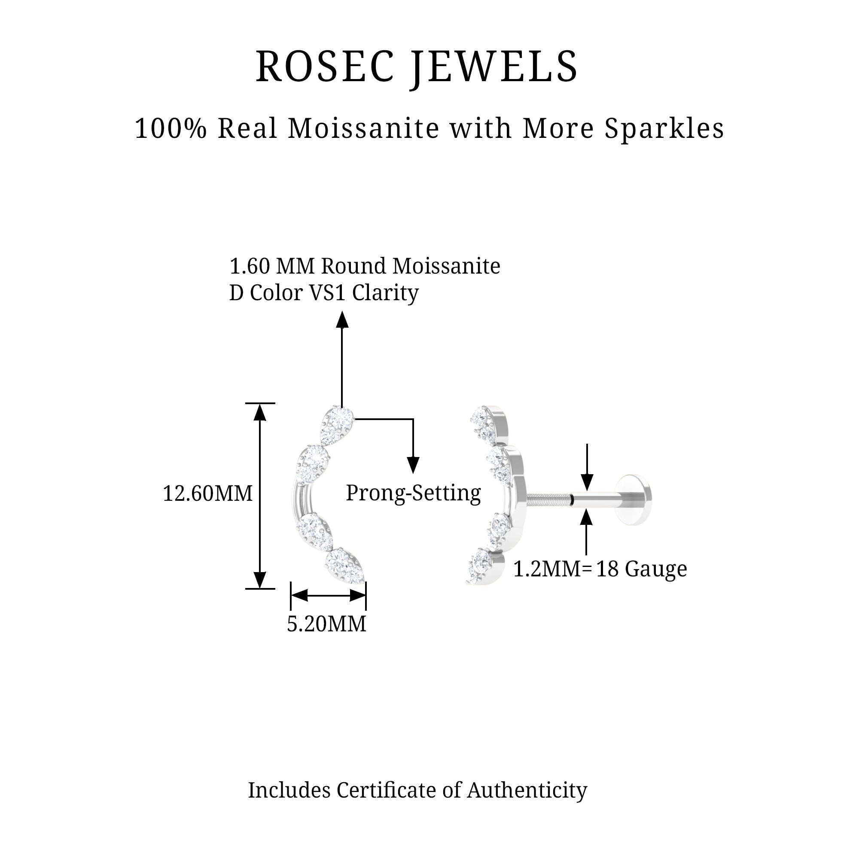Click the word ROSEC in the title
tap(325, 67)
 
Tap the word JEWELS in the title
tap(494, 67)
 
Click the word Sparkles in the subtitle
tap(664, 129)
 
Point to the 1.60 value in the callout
tap(250, 266)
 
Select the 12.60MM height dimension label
tap(207, 493)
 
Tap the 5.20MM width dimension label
tap(326, 624)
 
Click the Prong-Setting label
tap(413, 493)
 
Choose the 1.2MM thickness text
tap(547, 569)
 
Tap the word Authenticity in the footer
tap(527, 790)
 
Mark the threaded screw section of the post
tap(548, 500)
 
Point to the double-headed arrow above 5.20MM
tap(328, 595)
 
